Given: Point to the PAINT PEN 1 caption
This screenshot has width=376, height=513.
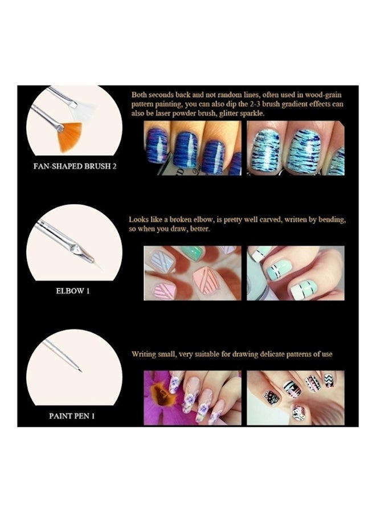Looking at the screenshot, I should pyautogui.click(x=72, y=416).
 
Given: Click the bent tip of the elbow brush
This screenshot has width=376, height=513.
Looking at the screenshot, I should pyautogui.click(x=88, y=256).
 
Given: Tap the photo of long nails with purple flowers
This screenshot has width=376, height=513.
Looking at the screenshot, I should pyautogui.click(x=192, y=397).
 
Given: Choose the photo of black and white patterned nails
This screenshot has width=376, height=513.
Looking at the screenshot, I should pyautogui.click(x=295, y=397).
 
